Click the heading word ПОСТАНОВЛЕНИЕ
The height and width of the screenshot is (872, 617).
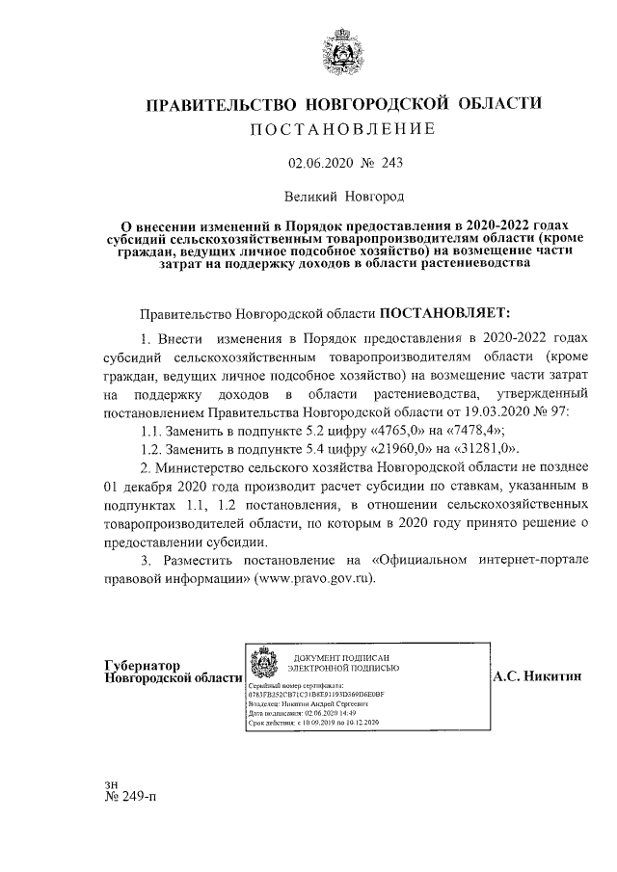343,129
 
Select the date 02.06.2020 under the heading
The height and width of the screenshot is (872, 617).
320,164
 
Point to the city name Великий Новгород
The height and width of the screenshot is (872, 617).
343,196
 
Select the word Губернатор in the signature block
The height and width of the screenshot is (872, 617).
141,666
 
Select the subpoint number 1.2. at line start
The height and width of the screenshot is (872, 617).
154,449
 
